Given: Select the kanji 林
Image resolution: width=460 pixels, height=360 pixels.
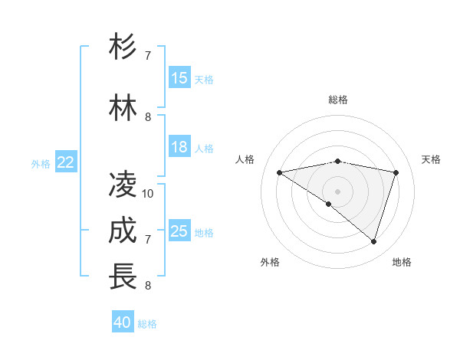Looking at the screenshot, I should click(123, 109).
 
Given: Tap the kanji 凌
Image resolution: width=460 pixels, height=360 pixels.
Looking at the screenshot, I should click(123, 185).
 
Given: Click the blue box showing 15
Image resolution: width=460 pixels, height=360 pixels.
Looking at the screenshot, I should click(179, 78).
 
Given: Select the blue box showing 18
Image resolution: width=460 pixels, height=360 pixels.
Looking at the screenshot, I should click(179, 147).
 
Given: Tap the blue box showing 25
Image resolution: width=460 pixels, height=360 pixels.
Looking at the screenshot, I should click(179, 231).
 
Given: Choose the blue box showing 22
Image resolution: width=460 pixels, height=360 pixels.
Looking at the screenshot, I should click(66, 162).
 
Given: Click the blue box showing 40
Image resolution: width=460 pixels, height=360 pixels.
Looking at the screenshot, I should click(123, 322).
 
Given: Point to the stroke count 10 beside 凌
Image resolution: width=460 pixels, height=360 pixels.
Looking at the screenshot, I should click(148, 193).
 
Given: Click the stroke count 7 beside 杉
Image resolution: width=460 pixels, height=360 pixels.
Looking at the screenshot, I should click(148, 55).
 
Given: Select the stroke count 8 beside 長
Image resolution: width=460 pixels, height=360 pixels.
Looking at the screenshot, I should click(148, 286).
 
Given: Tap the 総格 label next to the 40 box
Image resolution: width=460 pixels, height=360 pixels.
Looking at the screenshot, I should click(147, 324).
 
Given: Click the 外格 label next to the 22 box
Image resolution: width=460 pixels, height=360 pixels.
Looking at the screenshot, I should click(41, 163).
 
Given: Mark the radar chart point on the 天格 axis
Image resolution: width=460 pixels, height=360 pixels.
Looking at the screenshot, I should click(396, 172).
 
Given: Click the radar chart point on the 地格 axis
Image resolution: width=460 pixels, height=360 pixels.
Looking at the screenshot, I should click(373, 241).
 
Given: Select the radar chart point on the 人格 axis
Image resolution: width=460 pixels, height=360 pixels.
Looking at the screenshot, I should click(279, 172).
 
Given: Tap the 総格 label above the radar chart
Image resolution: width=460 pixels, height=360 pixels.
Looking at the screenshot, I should click(338, 100).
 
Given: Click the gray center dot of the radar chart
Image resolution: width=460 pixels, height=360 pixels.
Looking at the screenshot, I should click(337, 191).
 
